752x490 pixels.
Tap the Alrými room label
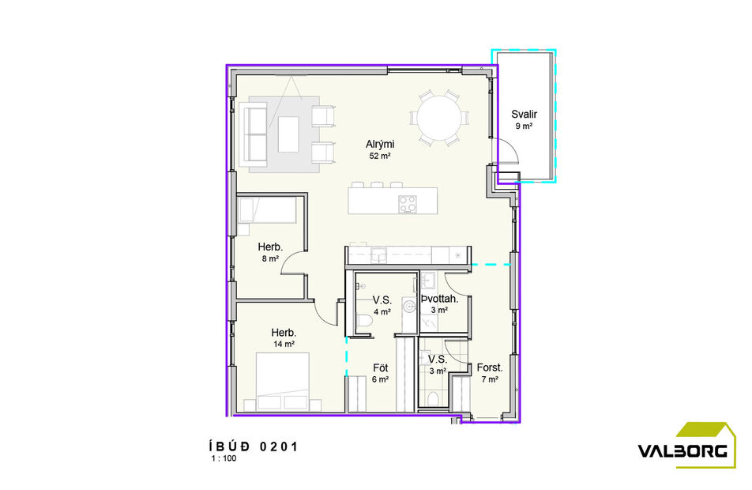380,144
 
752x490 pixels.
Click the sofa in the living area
254,133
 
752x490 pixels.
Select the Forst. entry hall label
490,367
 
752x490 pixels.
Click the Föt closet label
380,367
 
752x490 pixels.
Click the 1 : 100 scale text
224,458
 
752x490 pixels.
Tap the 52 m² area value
380,156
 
